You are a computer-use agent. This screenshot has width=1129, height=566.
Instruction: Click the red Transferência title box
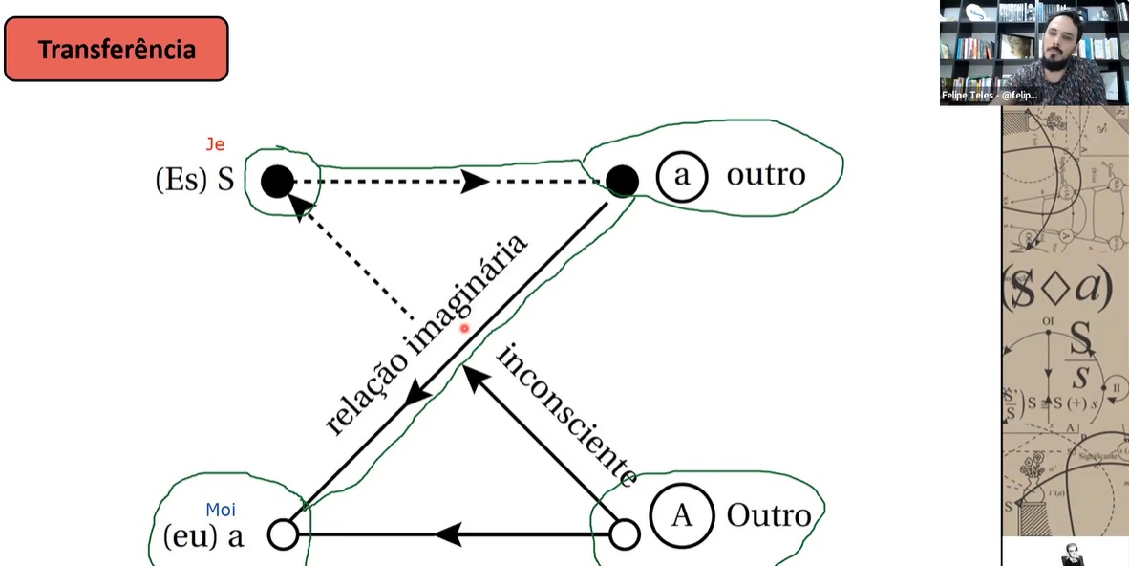[x=116, y=49]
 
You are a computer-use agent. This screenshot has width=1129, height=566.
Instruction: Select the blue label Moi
[x=221, y=511]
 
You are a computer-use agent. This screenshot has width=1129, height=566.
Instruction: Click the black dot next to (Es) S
[x=277, y=181]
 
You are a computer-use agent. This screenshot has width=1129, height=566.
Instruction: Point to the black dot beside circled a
[x=622, y=179]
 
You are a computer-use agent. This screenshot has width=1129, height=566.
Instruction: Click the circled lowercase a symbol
[x=681, y=177]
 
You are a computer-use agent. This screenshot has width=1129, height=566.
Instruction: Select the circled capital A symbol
[x=681, y=515]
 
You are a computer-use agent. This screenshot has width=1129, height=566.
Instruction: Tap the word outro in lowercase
[x=765, y=176]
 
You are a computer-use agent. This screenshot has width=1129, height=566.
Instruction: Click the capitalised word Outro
[x=769, y=515]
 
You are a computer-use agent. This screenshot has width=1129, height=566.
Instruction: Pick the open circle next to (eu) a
[x=283, y=534]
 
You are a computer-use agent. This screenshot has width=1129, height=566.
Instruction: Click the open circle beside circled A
[x=624, y=534]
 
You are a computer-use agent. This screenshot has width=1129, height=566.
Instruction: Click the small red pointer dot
[x=465, y=329]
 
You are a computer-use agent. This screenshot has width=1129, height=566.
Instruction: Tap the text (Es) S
[x=194, y=181]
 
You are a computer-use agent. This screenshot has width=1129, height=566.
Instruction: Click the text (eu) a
[x=203, y=535]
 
